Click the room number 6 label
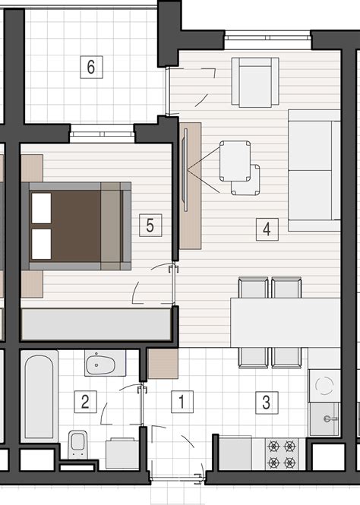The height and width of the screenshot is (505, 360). tap(90, 67)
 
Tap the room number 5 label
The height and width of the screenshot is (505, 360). tap(150, 225)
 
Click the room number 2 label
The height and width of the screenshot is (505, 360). tap(85, 400)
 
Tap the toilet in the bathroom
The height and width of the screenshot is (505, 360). tap(77, 443)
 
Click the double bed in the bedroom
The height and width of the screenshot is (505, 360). tap(76, 226)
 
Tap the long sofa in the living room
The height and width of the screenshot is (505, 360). tap(313, 169)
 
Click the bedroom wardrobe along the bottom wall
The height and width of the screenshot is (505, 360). tap(95, 324)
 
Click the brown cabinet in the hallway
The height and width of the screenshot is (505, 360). tap(163, 364)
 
